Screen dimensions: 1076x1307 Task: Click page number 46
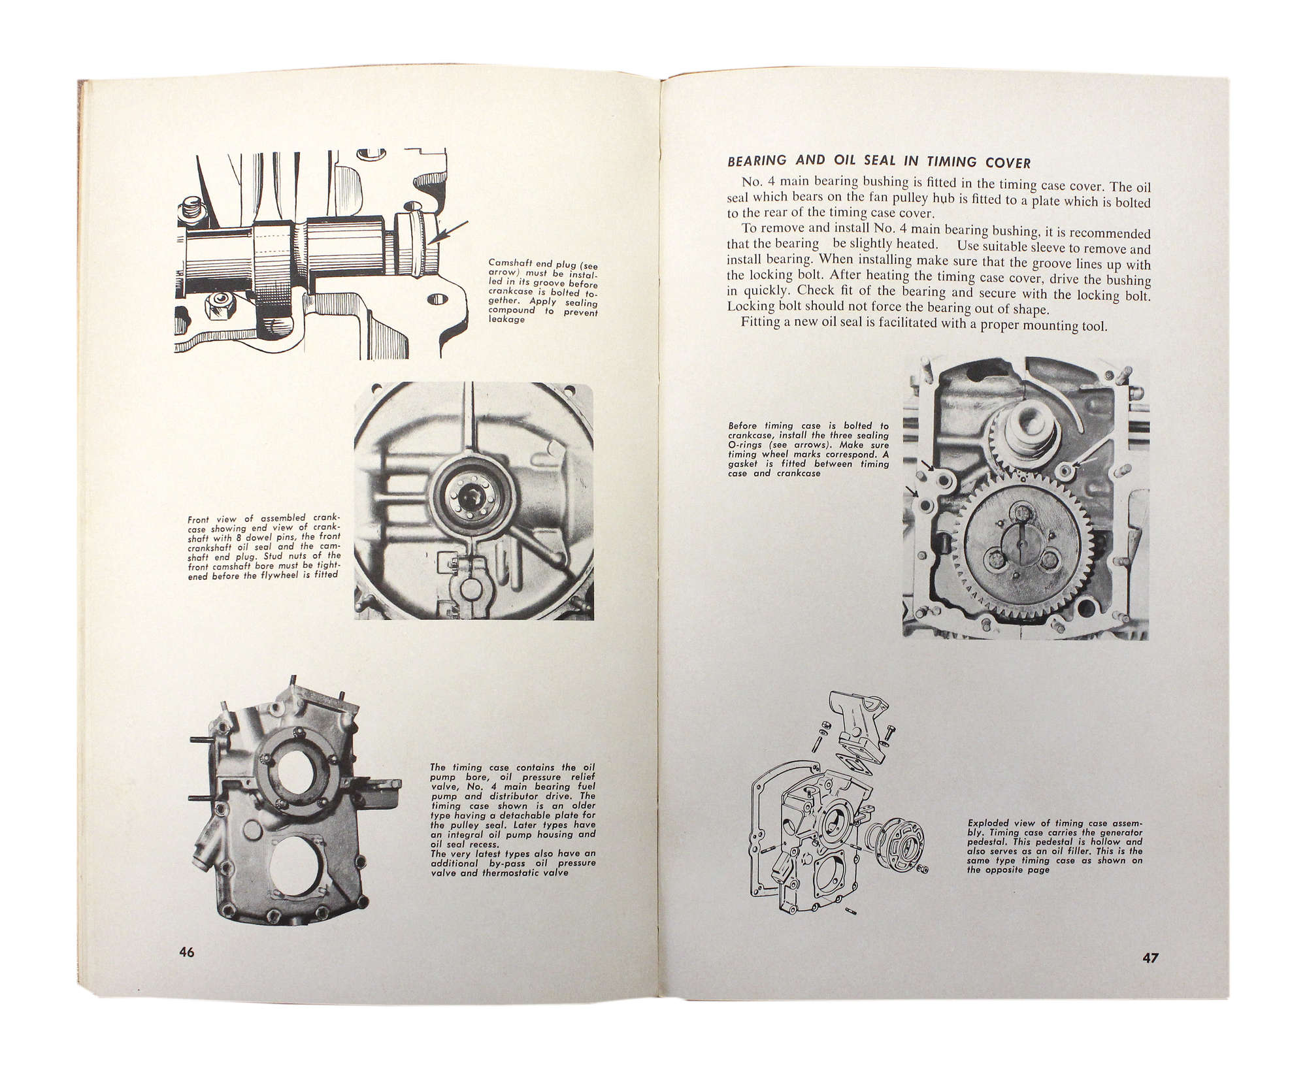(x=187, y=952)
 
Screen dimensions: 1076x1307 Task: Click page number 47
(x=1150, y=958)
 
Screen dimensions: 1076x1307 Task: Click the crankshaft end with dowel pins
(x=469, y=499)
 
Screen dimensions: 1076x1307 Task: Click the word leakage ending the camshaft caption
(x=507, y=319)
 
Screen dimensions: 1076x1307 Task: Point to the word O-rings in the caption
(x=744, y=444)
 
